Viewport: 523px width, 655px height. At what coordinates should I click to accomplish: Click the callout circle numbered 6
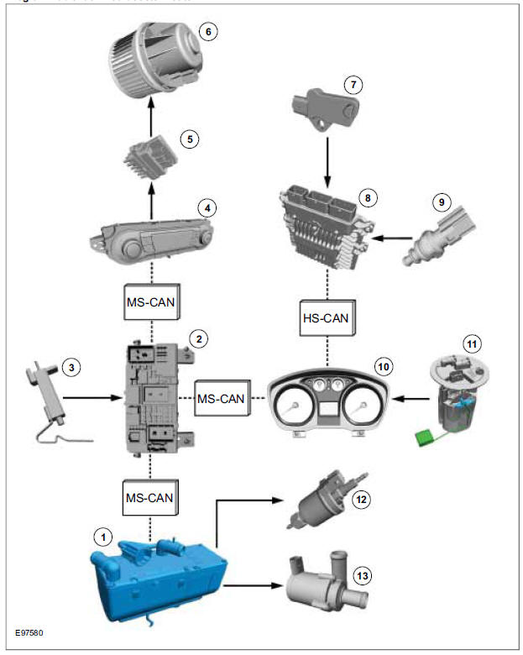click(x=207, y=34)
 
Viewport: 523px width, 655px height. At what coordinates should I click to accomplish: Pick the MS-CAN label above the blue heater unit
click(x=151, y=497)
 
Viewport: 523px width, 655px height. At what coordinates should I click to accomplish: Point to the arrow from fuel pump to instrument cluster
click(x=411, y=399)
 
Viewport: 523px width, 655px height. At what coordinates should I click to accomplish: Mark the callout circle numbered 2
click(x=199, y=338)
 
